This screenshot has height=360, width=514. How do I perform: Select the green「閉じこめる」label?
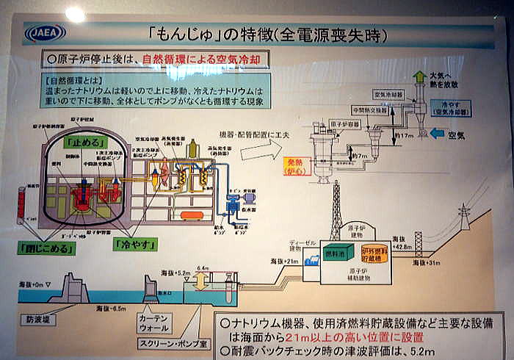click(46, 247)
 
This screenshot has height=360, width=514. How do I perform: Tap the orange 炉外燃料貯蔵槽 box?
click(377, 253)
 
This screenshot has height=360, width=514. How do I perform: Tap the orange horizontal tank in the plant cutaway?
click(192, 215)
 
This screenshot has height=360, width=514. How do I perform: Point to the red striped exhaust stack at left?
click(22, 205)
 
